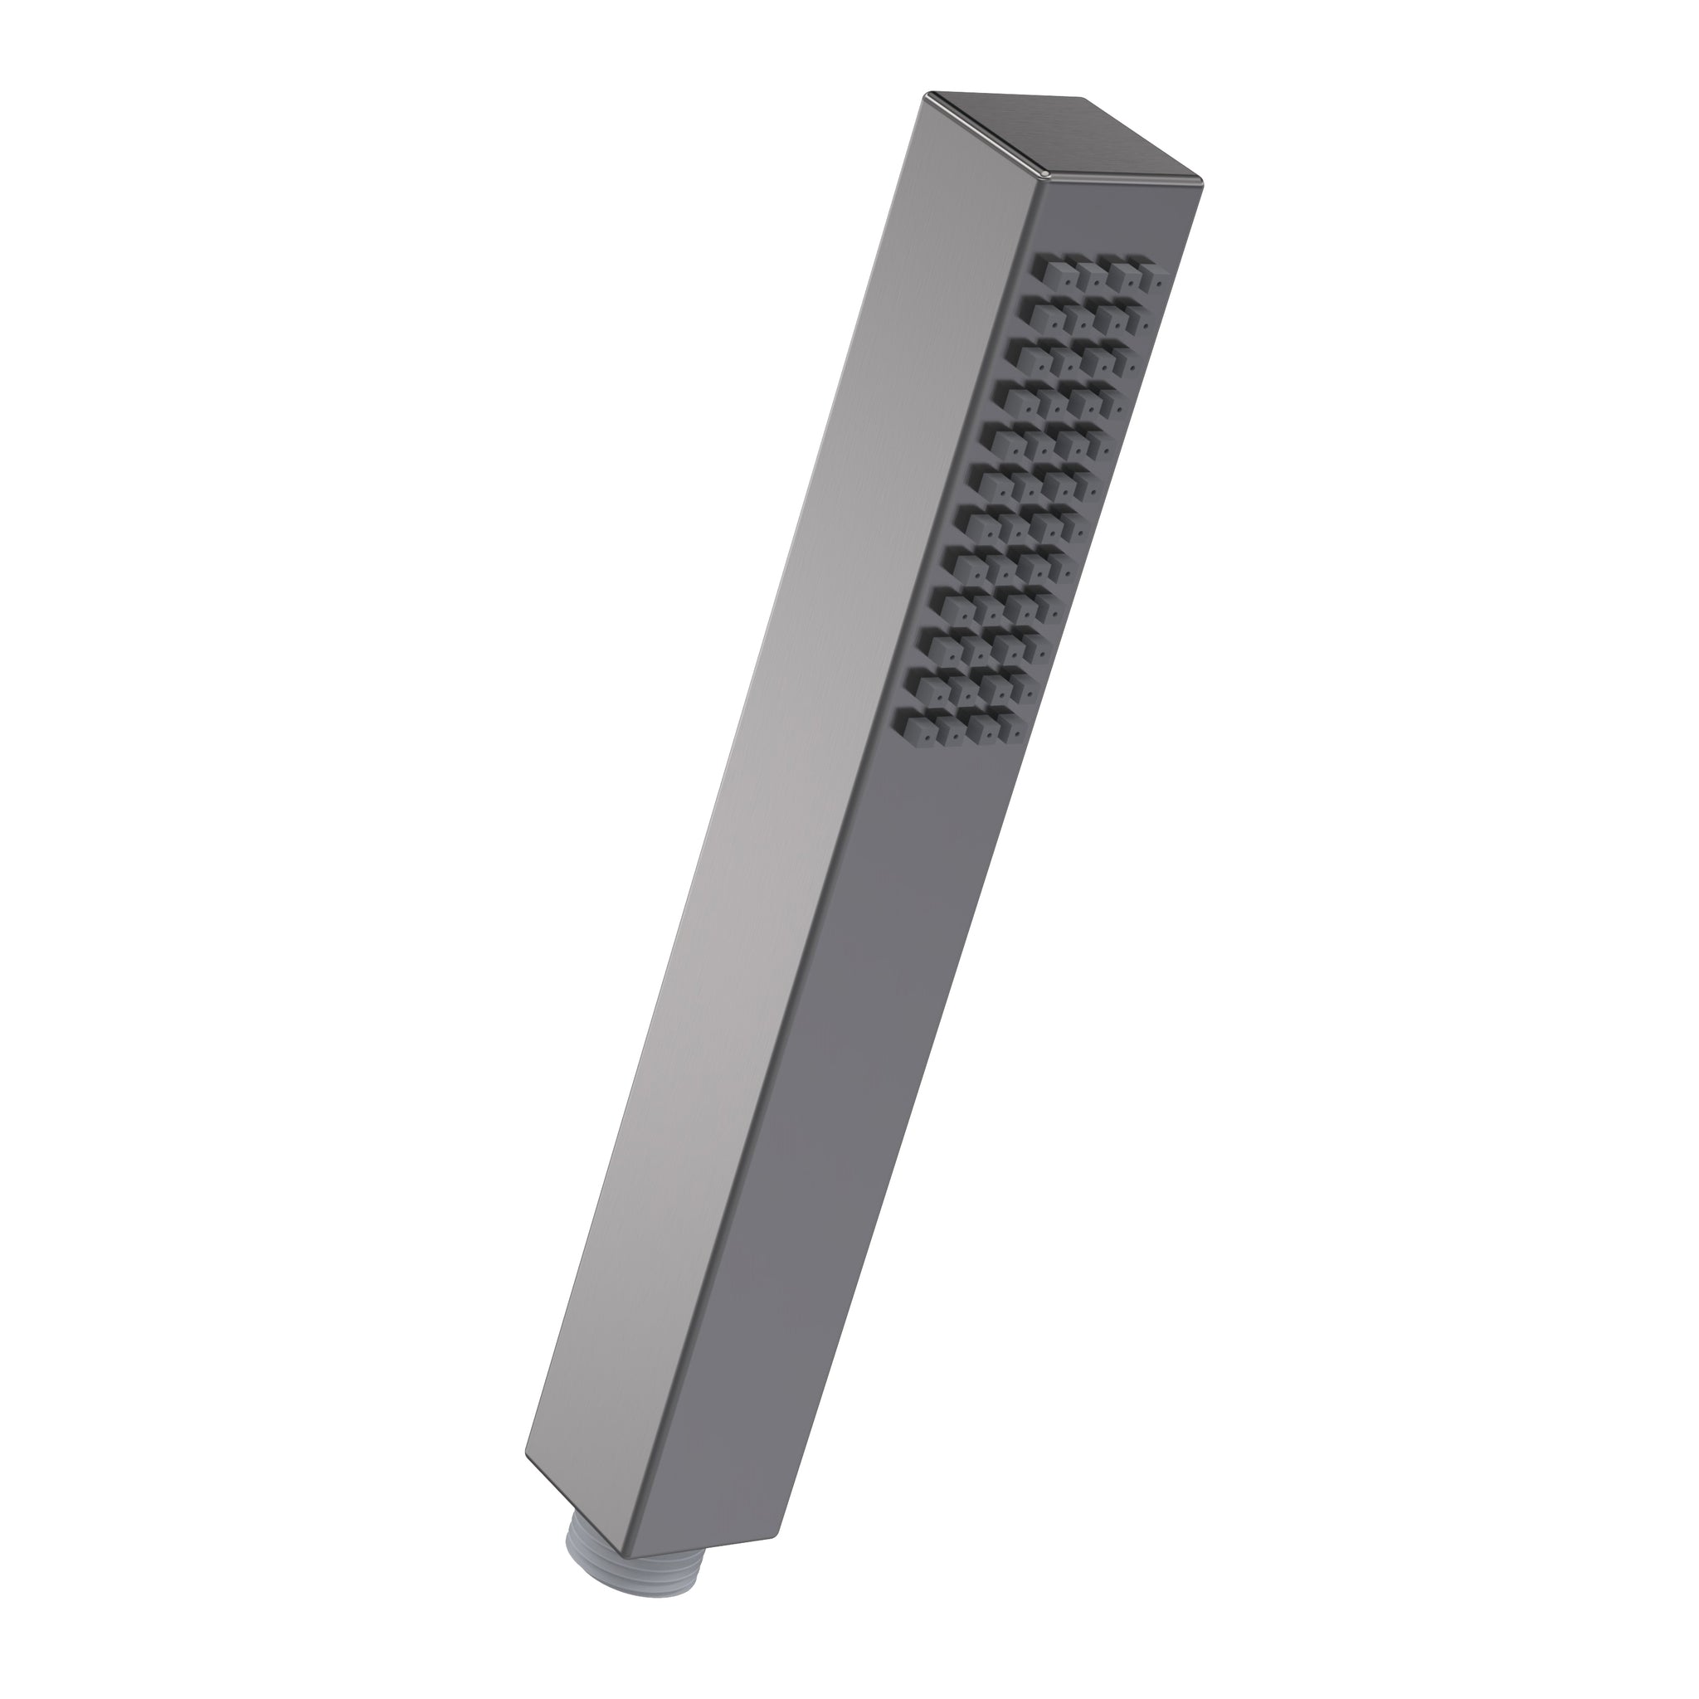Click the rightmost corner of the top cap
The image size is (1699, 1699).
click(1201, 185)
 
